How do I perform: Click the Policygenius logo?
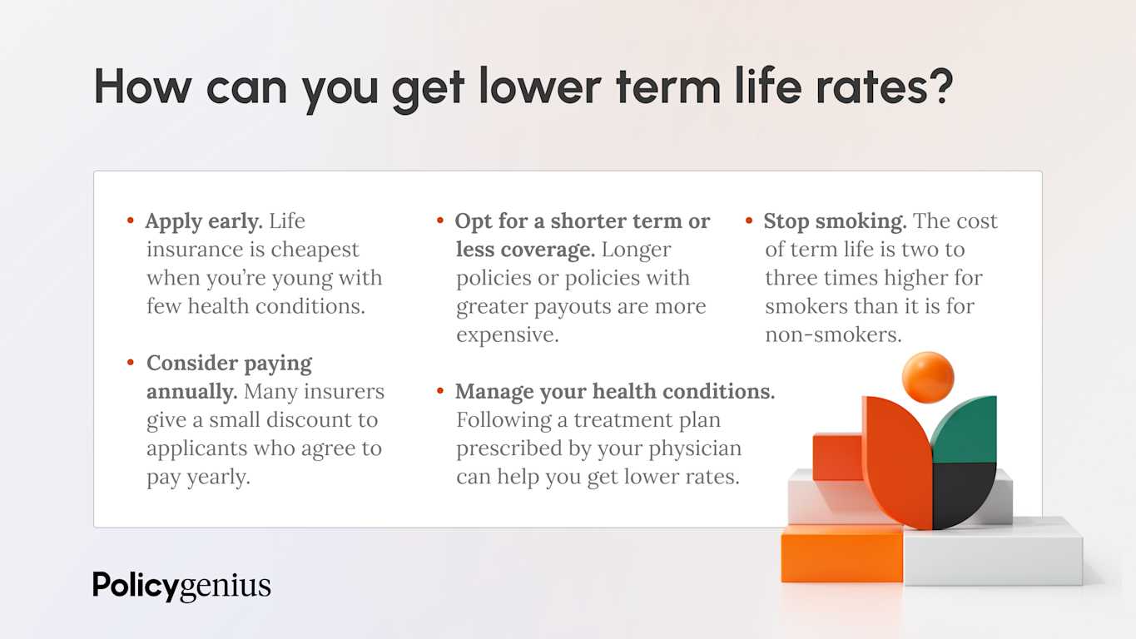181,586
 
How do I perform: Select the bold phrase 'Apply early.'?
204,221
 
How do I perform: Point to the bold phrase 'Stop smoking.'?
835,221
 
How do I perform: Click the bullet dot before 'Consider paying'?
131,363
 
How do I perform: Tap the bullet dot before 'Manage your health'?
440,391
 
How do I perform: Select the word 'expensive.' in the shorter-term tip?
507,334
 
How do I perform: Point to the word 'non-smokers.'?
833,334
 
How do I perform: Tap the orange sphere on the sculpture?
927,377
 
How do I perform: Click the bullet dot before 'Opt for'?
440,221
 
